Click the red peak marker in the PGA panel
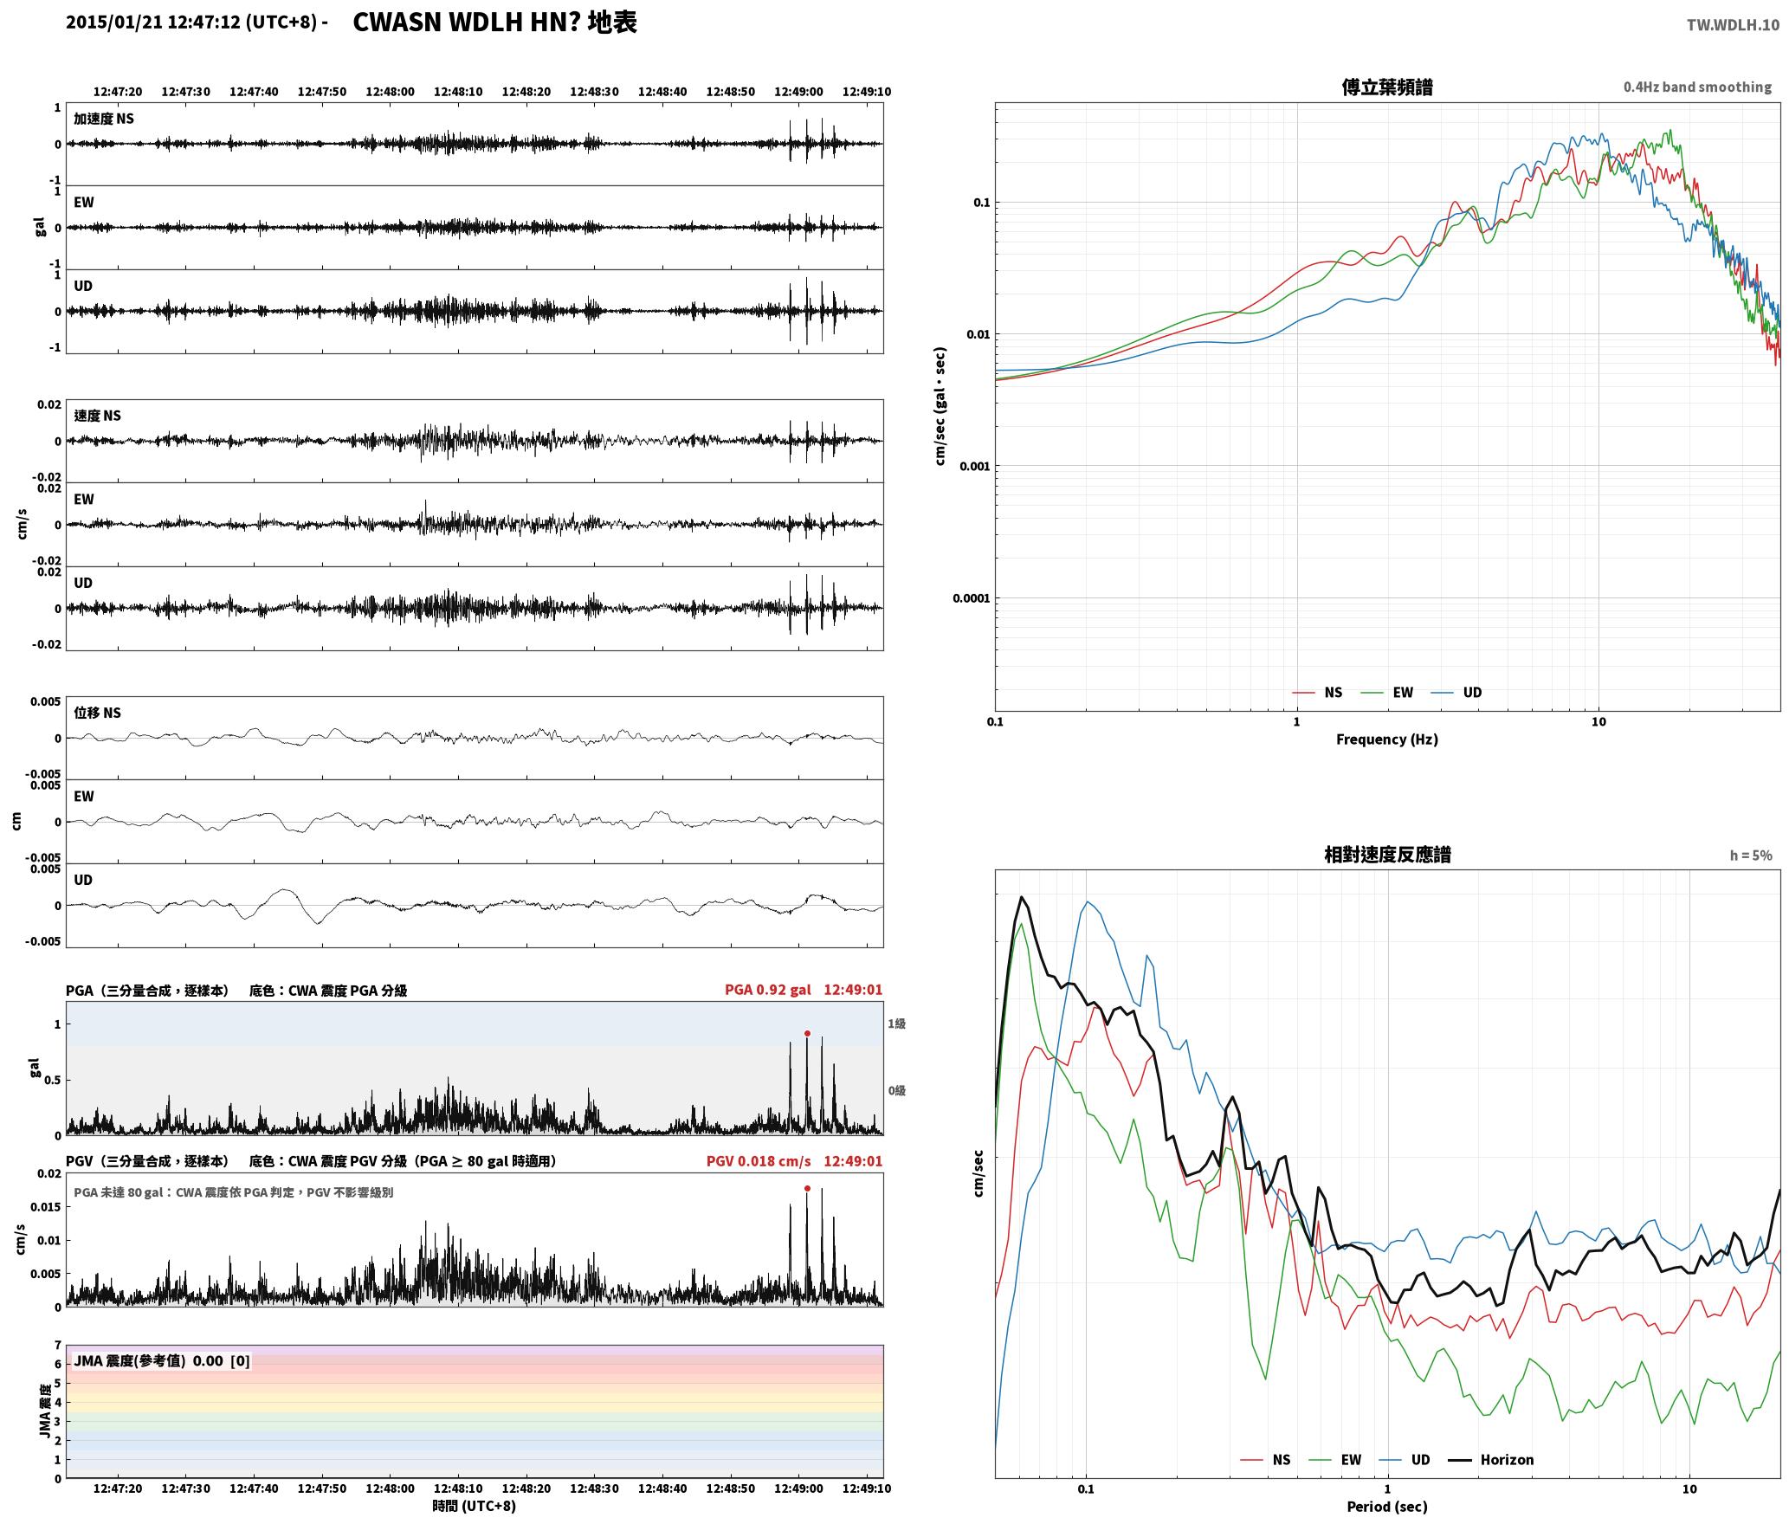[x=807, y=1033]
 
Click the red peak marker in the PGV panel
[x=807, y=1189]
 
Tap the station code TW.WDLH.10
[x=1733, y=25]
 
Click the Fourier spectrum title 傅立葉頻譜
[x=1386, y=87]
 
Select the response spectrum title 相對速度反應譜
[x=1387, y=855]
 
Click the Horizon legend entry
[x=1491, y=1459]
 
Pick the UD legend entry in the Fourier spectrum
[x=1456, y=692]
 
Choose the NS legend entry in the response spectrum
[x=1265, y=1459]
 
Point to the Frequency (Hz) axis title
[x=1386, y=739]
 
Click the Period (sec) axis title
[x=1386, y=1506]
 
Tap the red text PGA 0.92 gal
[x=768, y=990]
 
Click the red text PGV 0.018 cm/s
[x=759, y=1161]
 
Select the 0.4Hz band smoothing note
[x=1697, y=87]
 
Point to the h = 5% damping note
[x=1751, y=856]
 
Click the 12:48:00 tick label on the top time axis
[x=390, y=91]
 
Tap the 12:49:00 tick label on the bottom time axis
[x=798, y=1488]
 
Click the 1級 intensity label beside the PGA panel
[x=896, y=1024]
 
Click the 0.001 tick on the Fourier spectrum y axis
[x=974, y=466]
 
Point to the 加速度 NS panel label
[x=104, y=119]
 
